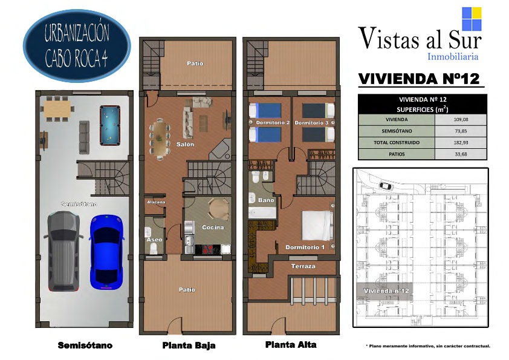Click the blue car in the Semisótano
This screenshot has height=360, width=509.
click(107, 252)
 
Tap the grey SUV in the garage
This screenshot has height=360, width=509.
click(63, 251)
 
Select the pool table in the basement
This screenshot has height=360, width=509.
click(110, 125)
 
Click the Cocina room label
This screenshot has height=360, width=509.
click(213, 227)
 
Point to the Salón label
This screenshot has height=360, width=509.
click(185, 144)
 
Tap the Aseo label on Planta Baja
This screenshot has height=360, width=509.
click(154, 240)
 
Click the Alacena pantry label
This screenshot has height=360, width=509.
click(156, 202)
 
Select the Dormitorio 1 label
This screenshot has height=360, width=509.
click(305, 247)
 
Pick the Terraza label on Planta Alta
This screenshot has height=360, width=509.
click(303, 266)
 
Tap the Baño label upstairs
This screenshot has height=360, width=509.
click(266, 200)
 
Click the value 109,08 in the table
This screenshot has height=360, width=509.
click(461, 119)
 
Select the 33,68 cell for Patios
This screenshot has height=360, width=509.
click(461, 154)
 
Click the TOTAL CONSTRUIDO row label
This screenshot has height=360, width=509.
click(397, 142)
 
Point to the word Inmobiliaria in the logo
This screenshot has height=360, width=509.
click(453, 56)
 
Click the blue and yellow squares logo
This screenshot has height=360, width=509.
click(472, 19)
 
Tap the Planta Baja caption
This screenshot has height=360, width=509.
click(189, 345)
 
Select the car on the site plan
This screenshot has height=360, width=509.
click(385, 186)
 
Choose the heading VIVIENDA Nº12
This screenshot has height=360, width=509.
click(419, 79)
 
